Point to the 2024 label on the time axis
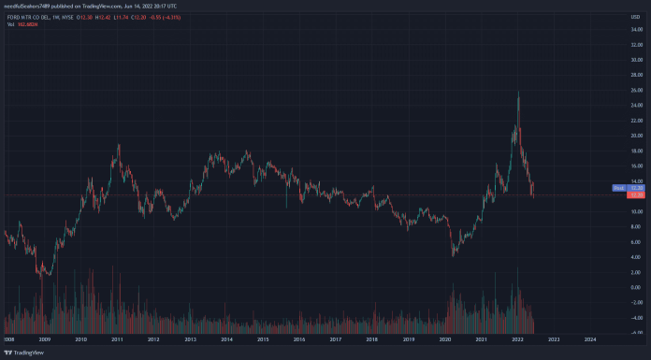pos(590,338)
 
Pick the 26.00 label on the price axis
pos(633,116)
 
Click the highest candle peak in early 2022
pos(518,92)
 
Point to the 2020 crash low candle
pos(454,255)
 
